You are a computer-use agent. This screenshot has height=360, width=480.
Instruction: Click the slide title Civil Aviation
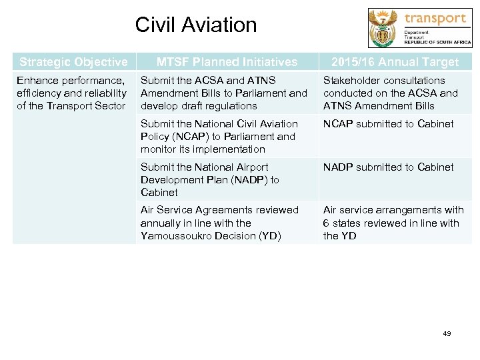195,25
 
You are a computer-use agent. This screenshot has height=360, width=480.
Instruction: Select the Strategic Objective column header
73,62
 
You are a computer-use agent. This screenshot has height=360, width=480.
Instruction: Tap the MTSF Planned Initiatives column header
227,62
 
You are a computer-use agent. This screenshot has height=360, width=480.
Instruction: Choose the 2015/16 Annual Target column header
395,62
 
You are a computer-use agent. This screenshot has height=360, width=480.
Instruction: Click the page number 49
446,333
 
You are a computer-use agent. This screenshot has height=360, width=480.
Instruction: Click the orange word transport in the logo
435,18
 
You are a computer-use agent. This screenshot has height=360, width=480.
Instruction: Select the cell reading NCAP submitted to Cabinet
388,124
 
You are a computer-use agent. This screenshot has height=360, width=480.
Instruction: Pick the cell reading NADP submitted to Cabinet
388,167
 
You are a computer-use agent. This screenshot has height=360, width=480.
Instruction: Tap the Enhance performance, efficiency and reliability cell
72,93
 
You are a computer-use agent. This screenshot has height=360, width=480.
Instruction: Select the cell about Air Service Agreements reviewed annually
220,223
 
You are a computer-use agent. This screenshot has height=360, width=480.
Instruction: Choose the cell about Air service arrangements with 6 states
393,223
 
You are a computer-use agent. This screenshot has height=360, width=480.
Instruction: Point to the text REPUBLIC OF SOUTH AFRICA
437,41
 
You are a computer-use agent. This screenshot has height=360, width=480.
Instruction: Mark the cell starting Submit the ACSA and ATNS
224,93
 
